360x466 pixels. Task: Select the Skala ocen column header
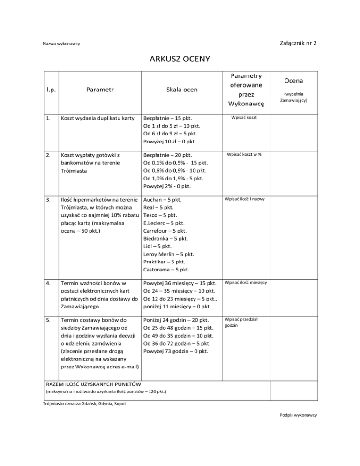pyautogui.click(x=171, y=89)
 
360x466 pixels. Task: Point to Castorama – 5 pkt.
pyautogui.click(x=166, y=270)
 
